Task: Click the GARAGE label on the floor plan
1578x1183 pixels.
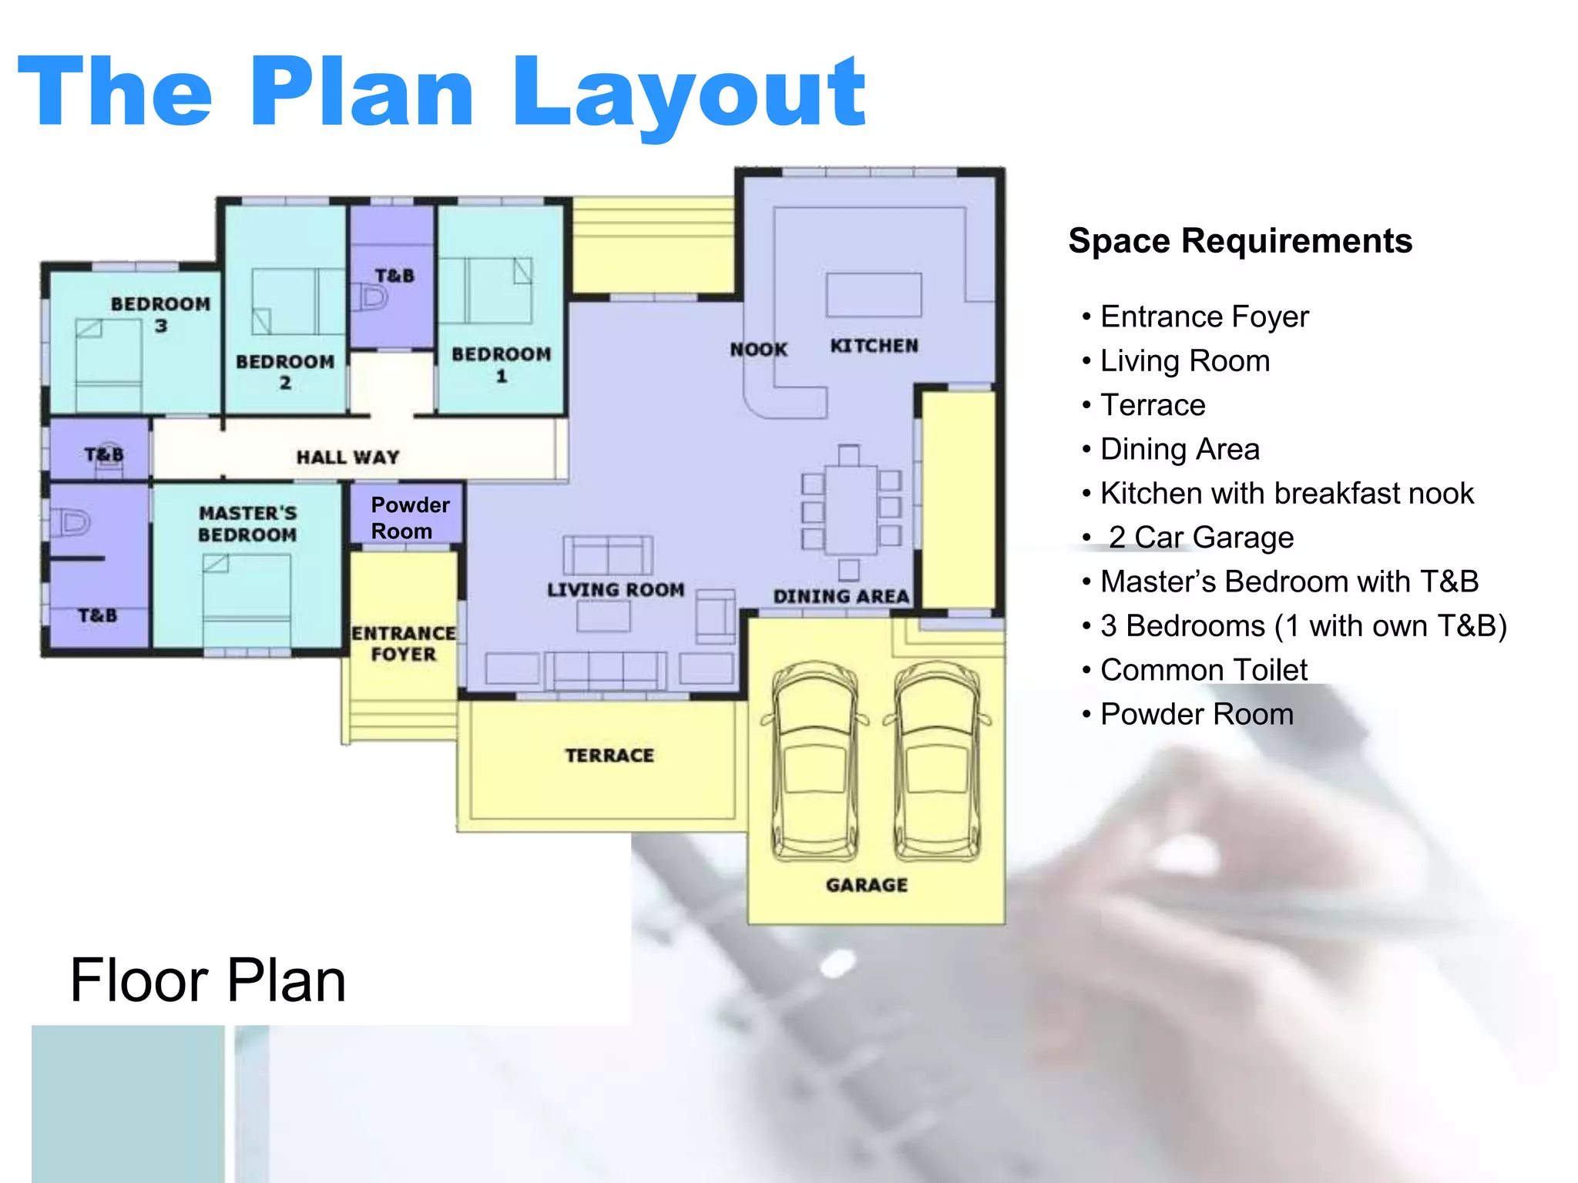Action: tap(867, 885)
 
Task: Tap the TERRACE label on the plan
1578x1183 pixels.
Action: tap(609, 756)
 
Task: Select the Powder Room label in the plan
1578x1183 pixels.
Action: tap(410, 518)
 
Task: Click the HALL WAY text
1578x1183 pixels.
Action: tap(348, 457)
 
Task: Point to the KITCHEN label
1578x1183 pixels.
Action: tap(875, 346)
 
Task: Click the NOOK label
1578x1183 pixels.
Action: tap(759, 350)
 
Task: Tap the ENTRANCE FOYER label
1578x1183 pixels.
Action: tap(404, 644)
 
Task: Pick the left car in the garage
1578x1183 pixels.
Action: tap(815, 761)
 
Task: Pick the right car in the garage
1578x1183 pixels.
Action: tap(938, 761)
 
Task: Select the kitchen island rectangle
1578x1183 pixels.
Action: tap(874, 294)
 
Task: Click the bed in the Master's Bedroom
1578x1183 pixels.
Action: tap(247, 601)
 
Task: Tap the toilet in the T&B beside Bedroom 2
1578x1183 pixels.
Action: tap(371, 297)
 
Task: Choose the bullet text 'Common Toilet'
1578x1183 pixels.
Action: tap(1204, 670)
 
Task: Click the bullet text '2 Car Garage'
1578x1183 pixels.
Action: tap(1200, 538)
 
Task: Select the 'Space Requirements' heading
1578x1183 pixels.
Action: tap(1241, 241)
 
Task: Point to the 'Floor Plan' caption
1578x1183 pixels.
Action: tap(208, 980)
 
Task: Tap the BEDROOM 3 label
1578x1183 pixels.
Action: tap(160, 315)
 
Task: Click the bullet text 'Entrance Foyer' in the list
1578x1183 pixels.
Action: tap(1204, 317)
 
